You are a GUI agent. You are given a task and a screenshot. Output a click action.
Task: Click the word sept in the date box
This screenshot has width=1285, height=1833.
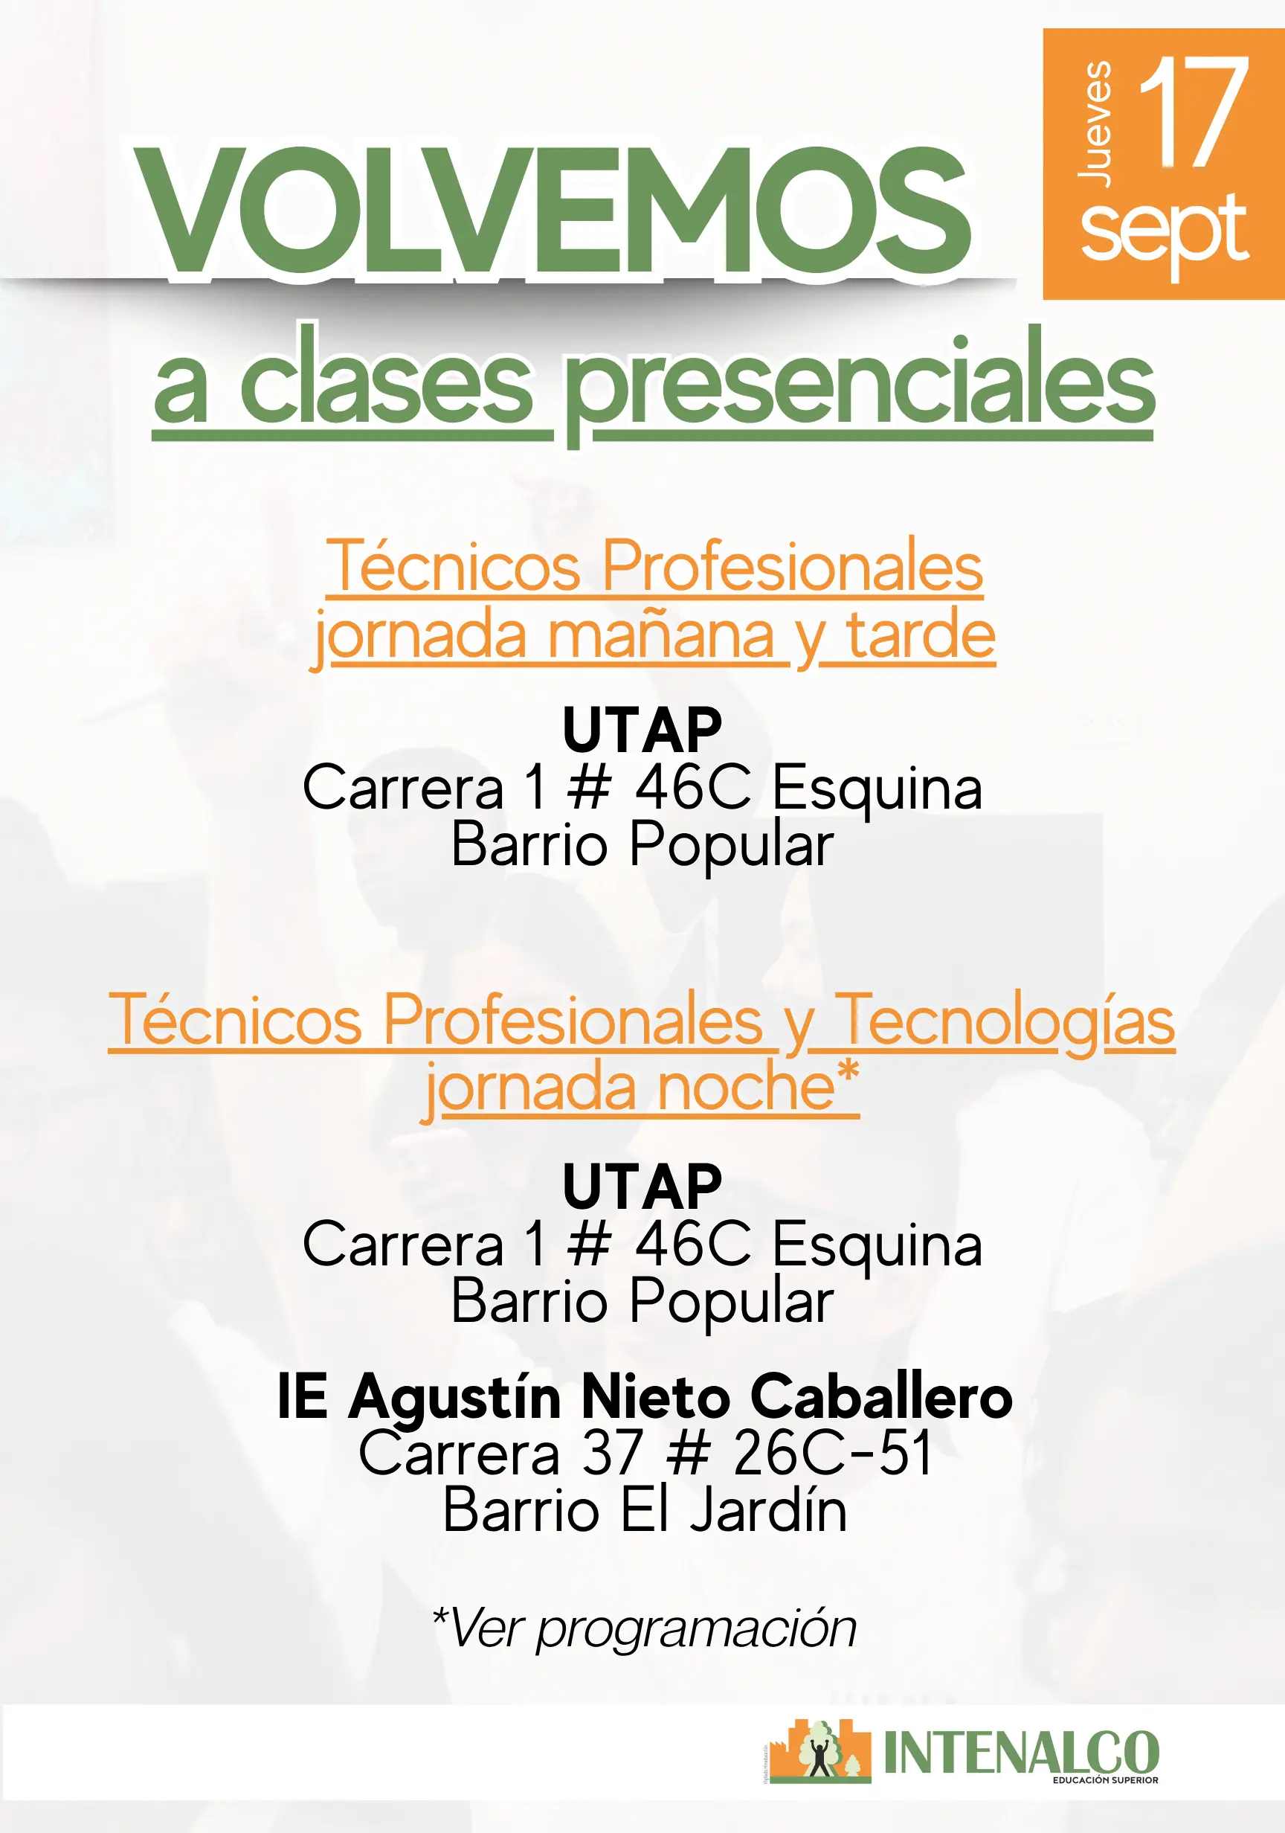tap(1164, 231)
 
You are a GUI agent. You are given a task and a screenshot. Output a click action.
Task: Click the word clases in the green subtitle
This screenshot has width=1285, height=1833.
tap(385, 375)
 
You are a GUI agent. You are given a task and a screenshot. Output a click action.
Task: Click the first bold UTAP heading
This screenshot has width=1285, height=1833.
tap(642, 730)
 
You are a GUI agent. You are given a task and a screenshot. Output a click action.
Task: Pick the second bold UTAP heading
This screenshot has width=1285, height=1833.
tap(642, 1187)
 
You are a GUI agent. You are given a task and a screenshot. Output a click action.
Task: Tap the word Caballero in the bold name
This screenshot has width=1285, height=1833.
tap(881, 1396)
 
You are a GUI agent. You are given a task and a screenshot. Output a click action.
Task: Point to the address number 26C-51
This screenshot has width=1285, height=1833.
tap(832, 1452)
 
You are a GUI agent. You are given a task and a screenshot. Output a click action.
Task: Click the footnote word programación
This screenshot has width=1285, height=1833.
tap(696, 1630)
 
